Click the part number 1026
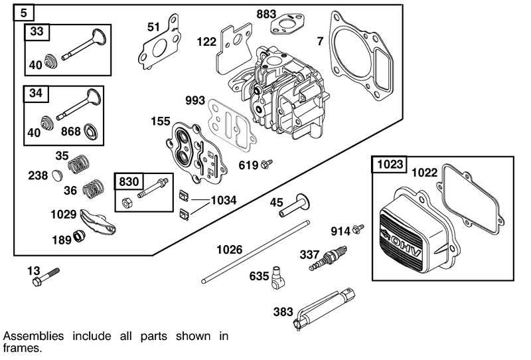pyautogui.click(x=230, y=250)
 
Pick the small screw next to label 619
pyautogui.click(x=267, y=163)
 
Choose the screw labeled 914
pyautogui.click(x=358, y=229)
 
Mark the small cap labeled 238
pyautogui.click(x=56, y=175)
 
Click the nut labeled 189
pyautogui.click(x=80, y=236)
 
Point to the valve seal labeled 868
pyautogui.click(x=90, y=130)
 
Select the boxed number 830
pyautogui.click(x=130, y=181)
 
